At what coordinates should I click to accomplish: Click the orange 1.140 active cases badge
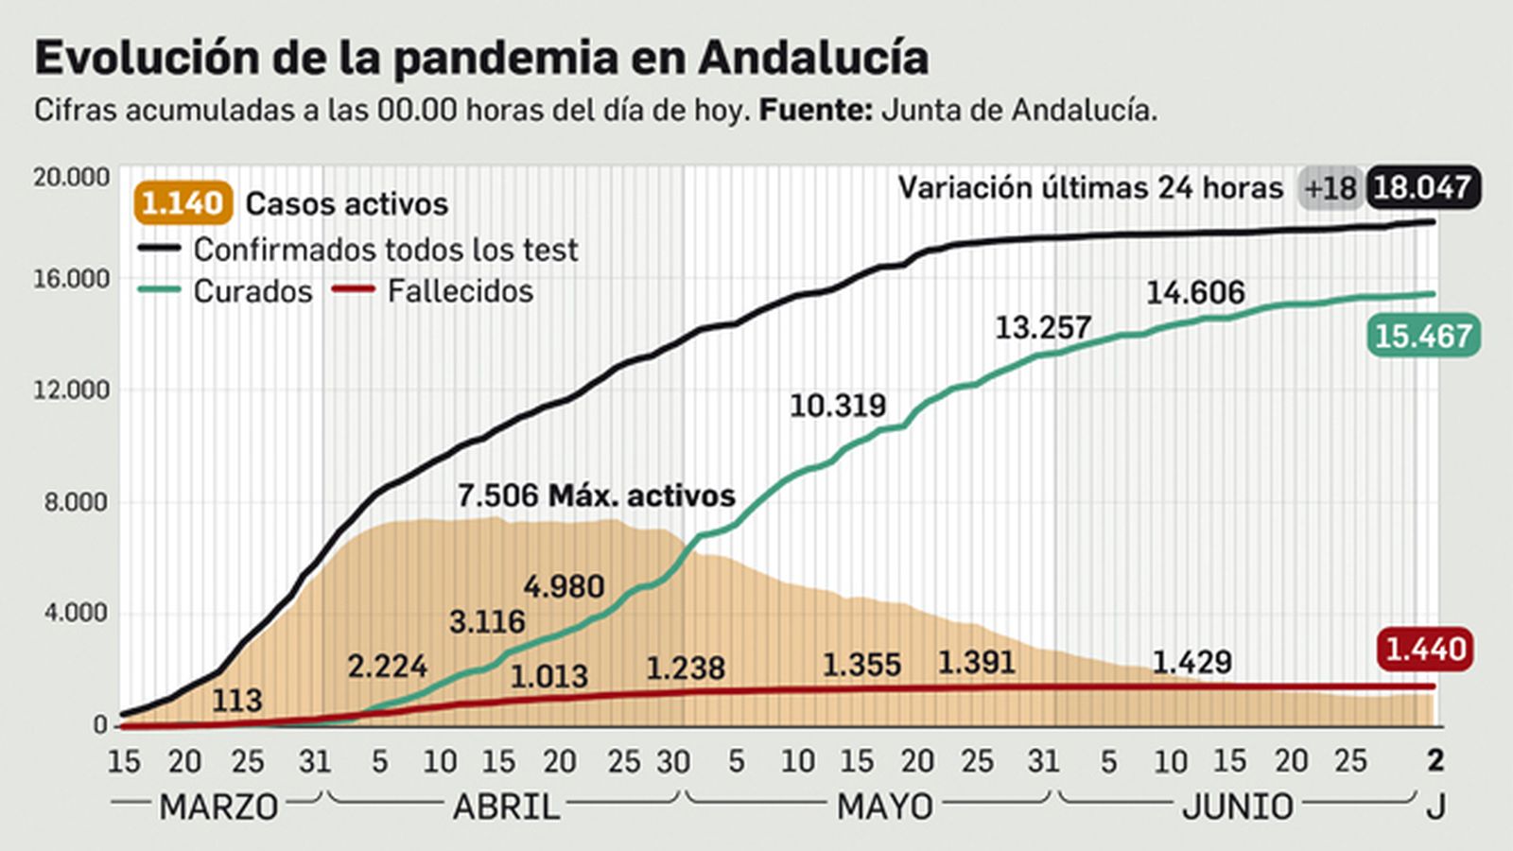tap(183, 203)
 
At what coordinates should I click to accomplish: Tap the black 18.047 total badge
tap(1422, 187)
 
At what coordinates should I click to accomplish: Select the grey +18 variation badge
tap(1330, 188)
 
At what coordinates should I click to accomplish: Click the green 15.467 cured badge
tap(1422, 336)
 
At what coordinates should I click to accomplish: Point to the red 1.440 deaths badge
tap(1424, 650)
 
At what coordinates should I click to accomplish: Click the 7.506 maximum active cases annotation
tap(596, 495)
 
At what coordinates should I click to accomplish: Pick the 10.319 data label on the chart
tap(838, 406)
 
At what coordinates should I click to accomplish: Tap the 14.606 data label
tap(1195, 292)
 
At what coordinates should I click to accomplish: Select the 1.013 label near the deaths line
tap(548, 676)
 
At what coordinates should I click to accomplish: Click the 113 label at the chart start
tap(236, 701)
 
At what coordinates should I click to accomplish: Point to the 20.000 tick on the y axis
tap(71, 177)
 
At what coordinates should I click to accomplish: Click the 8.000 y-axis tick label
tap(76, 502)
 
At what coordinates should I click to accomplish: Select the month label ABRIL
tap(506, 807)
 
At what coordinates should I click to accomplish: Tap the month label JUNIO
tap(1237, 807)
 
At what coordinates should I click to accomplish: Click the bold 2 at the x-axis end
tap(1435, 760)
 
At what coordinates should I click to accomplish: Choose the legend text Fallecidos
tap(461, 291)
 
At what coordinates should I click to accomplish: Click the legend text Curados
tap(252, 291)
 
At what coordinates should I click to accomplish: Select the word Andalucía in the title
tap(813, 59)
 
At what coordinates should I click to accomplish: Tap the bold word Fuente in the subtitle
tap(815, 111)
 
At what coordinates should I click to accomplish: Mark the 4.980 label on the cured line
tap(564, 586)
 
